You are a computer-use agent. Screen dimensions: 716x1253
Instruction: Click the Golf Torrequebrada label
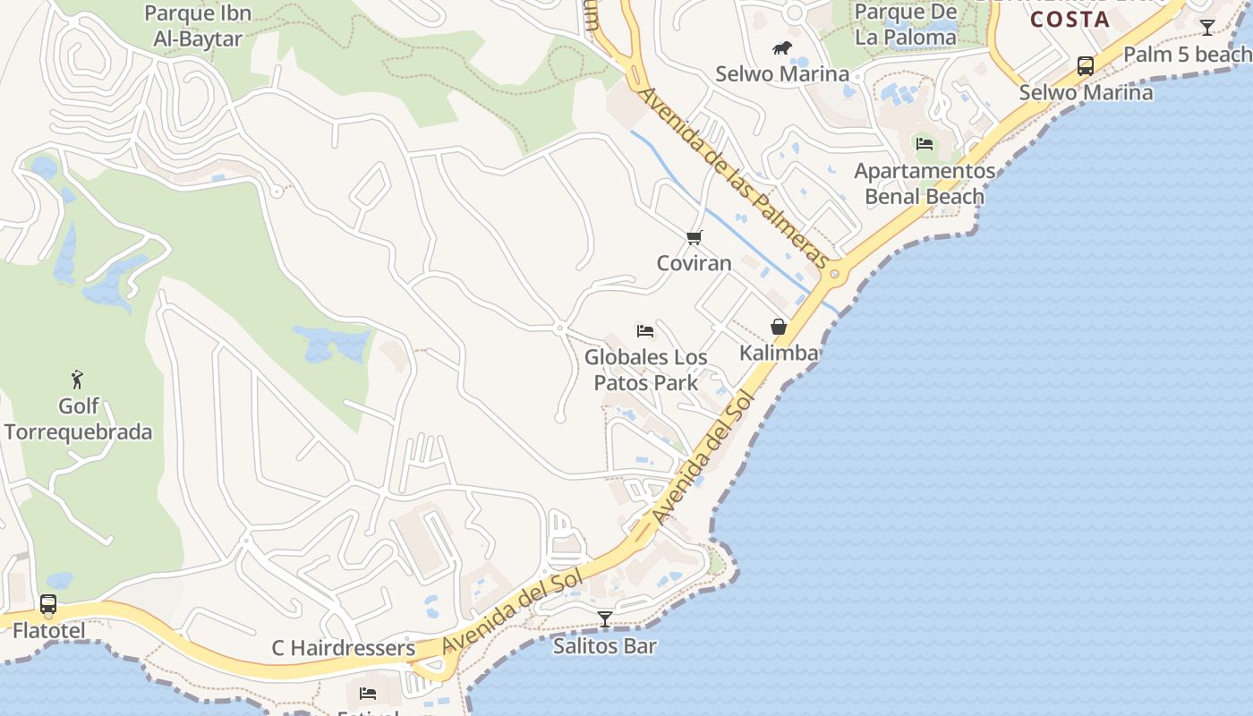click(78, 420)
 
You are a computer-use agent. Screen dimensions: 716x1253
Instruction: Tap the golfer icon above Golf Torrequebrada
click(78, 379)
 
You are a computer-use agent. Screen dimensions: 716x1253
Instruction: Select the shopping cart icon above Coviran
click(694, 237)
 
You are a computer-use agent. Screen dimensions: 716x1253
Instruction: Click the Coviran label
click(694, 263)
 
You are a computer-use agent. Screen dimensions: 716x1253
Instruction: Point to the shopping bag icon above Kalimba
click(779, 327)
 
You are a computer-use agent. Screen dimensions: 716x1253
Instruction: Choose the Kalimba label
click(779, 353)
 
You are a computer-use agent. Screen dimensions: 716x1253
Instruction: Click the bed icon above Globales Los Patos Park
click(645, 331)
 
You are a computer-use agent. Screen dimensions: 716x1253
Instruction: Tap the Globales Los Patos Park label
click(645, 370)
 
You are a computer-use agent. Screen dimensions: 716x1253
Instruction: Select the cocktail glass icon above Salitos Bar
click(605, 618)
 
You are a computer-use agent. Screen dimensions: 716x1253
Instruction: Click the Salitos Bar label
click(605, 645)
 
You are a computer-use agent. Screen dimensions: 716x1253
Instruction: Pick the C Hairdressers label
click(344, 648)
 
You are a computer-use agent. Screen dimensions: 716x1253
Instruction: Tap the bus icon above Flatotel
click(48, 605)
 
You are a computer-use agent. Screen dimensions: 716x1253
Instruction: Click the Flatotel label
click(49, 631)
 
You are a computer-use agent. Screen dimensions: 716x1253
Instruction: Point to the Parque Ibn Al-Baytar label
click(197, 26)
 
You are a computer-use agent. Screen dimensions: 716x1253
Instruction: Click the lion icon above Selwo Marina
click(781, 47)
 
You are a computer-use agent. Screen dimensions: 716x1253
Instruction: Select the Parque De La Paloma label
click(905, 25)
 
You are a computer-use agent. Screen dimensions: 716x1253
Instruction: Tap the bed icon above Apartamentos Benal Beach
click(925, 143)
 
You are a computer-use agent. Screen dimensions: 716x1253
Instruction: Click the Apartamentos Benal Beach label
click(925, 183)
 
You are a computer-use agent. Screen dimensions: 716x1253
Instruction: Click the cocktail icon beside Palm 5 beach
click(1206, 28)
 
